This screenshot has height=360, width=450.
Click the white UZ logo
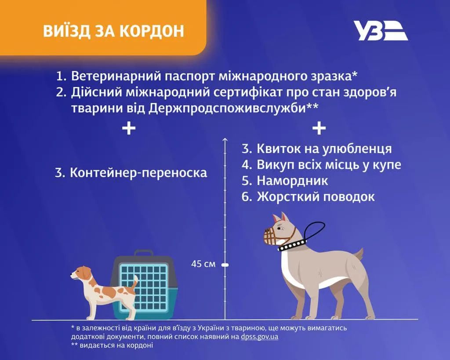(x=380, y=31)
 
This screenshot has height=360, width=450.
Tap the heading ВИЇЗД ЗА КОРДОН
(x=113, y=31)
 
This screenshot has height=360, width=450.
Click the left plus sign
(x=128, y=129)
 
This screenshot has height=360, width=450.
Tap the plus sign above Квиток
(x=319, y=129)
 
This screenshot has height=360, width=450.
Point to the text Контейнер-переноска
(x=131, y=172)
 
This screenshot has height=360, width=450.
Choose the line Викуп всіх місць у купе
(x=321, y=165)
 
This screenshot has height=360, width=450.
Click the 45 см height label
(x=203, y=264)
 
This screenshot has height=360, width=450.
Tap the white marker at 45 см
(x=225, y=265)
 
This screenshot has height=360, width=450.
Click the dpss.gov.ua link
(x=259, y=337)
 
